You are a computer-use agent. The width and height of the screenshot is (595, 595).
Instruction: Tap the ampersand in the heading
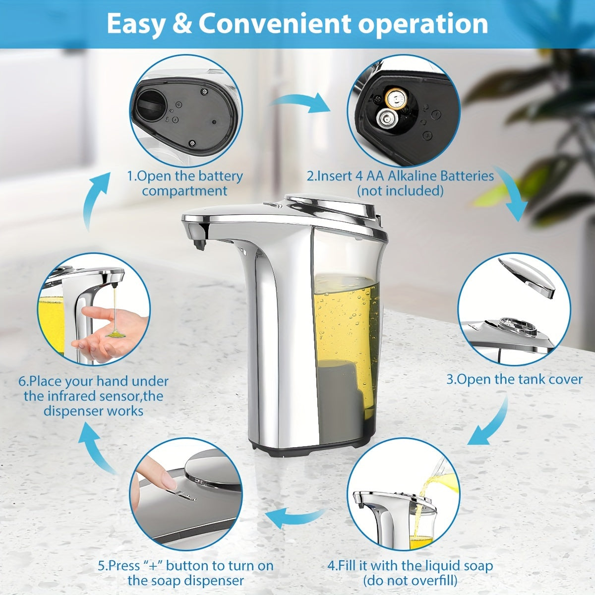pyautogui.click(x=183, y=24)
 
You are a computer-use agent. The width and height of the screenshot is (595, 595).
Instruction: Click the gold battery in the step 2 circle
pyautogui.click(x=396, y=98)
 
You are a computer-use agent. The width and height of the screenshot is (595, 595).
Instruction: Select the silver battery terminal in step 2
pyautogui.click(x=385, y=119)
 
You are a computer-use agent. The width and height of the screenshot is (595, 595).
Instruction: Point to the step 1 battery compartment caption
pyautogui.click(x=184, y=183)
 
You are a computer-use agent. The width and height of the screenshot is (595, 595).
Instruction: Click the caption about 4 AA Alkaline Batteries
pyautogui.click(x=400, y=183)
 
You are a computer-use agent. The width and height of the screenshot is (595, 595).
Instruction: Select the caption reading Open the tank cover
pyautogui.click(x=514, y=379)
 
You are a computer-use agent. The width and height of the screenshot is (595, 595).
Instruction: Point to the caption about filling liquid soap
pyautogui.click(x=410, y=573)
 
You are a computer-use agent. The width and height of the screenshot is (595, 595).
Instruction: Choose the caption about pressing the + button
pyautogui.click(x=185, y=573)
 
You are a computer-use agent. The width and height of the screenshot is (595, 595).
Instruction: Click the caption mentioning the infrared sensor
pyautogui.click(x=94, y=396)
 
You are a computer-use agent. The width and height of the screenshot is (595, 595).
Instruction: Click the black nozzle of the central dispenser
pyautogui.click(x=199, y=244)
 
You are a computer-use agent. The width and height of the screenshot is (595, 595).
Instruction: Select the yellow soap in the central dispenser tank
pyautogui.click(x=347, y=337)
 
